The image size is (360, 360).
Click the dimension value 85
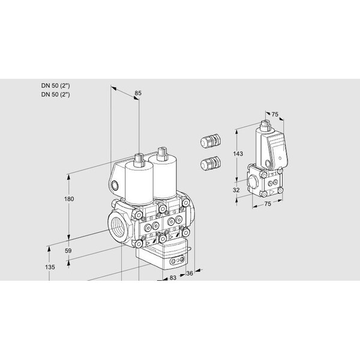[138, 93]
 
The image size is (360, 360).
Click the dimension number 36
[190, 274]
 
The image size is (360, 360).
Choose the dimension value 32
[236, 190]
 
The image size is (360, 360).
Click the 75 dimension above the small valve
[275, 114]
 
